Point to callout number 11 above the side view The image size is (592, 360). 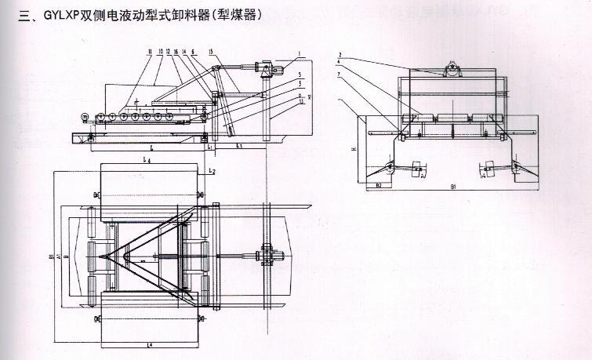[148, 51]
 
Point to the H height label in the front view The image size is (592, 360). [354, 147]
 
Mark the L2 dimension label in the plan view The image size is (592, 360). [212, 170]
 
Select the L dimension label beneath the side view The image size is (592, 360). [151, 147]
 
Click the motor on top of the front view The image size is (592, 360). [452, 72]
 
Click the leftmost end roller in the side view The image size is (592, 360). [84, 118]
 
